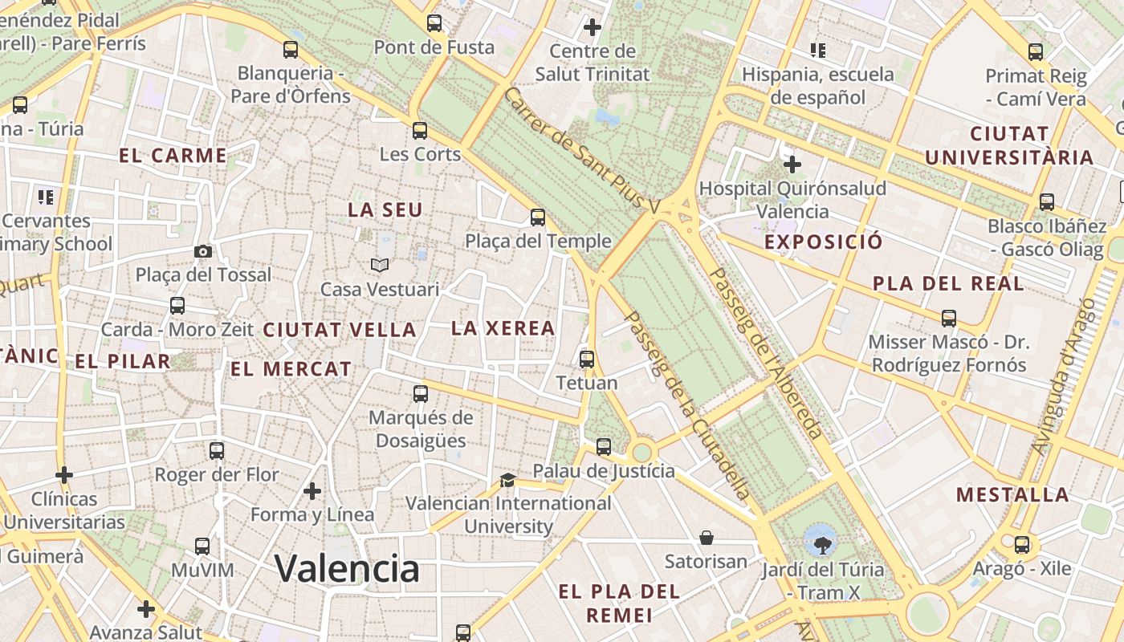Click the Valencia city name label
point(347,568)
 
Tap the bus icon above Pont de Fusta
point(434,23)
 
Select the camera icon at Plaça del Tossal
point(203,252)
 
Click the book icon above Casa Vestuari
point(379,265)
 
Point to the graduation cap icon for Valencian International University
point(507,480)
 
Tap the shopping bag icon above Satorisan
point(707,537)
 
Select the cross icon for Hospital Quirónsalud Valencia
point(792,165)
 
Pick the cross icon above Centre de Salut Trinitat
point(593,27)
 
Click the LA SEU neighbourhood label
point(385,210)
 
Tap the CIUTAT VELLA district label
point(340,330)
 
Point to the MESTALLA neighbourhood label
point(1012,494)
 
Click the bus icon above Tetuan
point(587,359)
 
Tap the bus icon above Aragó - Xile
point(1022,545)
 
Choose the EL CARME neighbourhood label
point(173,156)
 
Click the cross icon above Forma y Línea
point(312,490)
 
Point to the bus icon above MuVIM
point(202,547)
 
